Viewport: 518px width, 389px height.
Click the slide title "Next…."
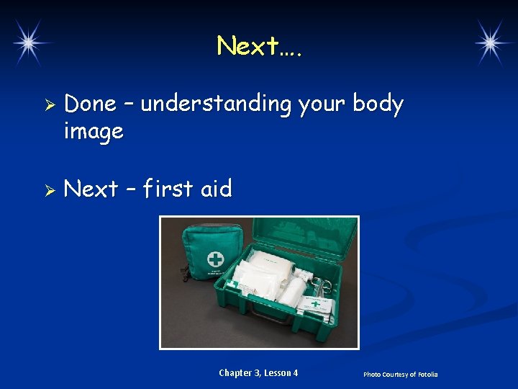[x=260, y=46]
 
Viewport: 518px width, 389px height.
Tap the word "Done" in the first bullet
[x=90, y=104]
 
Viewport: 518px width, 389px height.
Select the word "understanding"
[x=216, y=104]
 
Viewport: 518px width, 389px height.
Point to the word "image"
[x=94, y=132]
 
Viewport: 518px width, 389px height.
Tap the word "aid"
[x=216, y=189]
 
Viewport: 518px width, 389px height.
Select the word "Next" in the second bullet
[x=91, y=189]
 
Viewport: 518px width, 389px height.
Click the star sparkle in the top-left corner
[x=28, y=43]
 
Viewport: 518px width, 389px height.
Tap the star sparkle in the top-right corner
[x=491, y=43]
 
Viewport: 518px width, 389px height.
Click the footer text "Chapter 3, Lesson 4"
[x=258, y=373]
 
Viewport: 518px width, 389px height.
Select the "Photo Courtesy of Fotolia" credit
[x=400, y=375]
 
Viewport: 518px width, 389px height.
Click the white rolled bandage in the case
[x=293, y=291]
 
